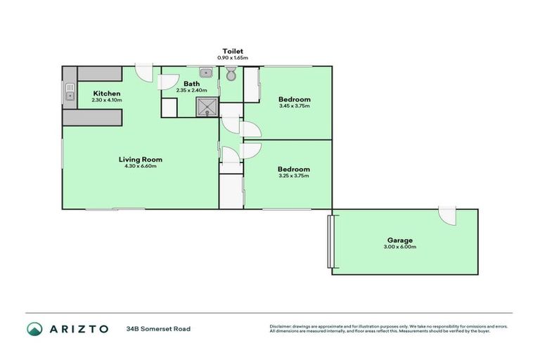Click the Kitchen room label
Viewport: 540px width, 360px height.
tap(107, 94)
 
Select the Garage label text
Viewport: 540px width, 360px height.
tap(400, 240)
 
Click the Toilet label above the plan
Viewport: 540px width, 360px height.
tap(233, 51)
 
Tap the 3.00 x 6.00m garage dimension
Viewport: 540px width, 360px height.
tap(400, 247)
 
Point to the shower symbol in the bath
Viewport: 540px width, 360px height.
tap(207, 106)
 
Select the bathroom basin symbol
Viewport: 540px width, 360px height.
tap(206, 72)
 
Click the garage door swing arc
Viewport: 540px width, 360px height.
tap(446, 217)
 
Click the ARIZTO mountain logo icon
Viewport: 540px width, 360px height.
tap(34, 328)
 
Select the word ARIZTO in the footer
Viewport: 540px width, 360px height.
tap(79, 328)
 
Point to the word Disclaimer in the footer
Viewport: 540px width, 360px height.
tap(282, 326)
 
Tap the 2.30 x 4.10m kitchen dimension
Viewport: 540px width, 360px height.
tap(107, 101)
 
